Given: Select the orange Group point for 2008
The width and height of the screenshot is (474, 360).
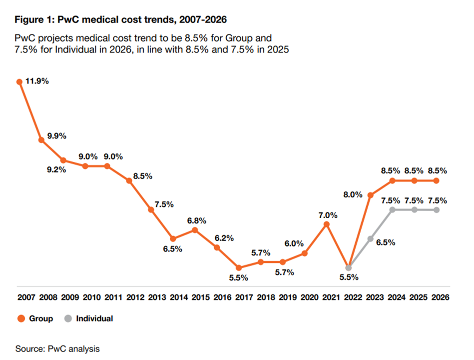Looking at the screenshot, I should pyautogui.click(x=41, y=140).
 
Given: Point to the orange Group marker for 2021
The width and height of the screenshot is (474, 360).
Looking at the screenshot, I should pyautogui.click(x=326, y=224).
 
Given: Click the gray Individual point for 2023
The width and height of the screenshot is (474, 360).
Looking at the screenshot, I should pyautogui.click(x=370, y=239).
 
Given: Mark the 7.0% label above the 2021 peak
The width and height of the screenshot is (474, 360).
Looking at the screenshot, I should pyautogui.click(x=327, y=215).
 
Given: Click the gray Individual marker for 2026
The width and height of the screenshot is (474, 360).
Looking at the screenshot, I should pyautogui.click(x=436, y=210).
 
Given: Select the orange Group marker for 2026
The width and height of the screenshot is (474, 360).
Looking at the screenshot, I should pyautogui.click(x=436, y=180).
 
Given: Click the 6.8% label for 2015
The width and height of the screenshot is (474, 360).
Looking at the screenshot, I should pyautogui.click(x=196, y=220).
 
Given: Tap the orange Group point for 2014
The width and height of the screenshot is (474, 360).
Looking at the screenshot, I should pyautogui.click(x=173, y=239).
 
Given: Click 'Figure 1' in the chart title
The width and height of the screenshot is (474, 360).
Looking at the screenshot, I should pyautogui.click(x=33, y=20).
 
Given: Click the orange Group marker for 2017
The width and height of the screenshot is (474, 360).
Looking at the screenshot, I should pyautogui.click(x=239, y=268).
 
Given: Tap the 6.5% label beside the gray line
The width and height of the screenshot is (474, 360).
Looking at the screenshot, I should pyautogui.click(x=386, y=243).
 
